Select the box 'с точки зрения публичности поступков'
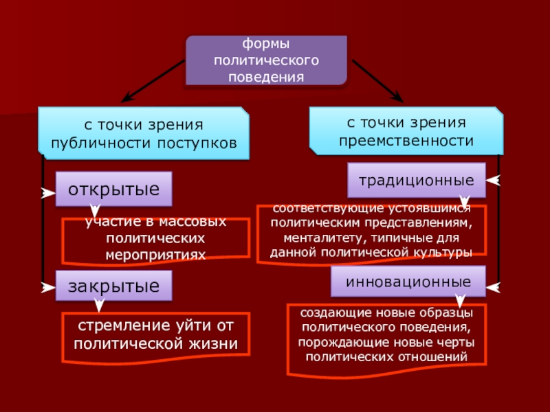click(143, 134)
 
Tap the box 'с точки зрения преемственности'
click(406, 130)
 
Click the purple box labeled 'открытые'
click(113, 189)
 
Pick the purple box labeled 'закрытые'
click(113, 286)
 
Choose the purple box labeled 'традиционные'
click(416, 181)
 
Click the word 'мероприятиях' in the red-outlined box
click(155, 254)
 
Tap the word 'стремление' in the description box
click(112, 324)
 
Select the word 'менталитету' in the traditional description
click(317, 238)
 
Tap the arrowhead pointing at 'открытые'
click(47, 194)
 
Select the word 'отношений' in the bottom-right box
click(437, 357)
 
